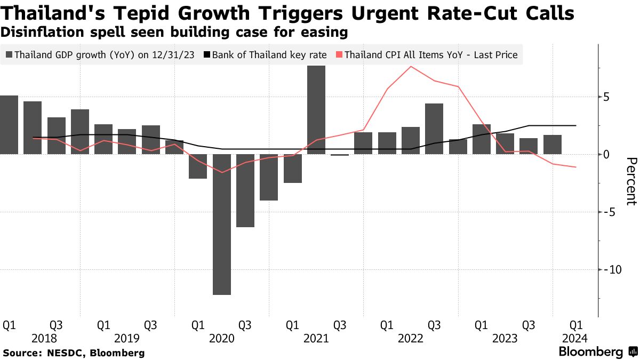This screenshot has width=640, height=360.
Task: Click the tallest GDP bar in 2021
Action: pos(316,110)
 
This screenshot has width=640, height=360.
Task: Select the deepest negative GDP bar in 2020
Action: pos(222,224)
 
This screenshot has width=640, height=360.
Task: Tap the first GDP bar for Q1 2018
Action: pos(9,125)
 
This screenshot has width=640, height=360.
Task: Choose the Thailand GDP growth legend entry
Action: pos(102,54)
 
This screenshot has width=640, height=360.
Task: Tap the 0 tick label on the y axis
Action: pos(606,155)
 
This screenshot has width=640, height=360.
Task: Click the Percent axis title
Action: pos(631,181)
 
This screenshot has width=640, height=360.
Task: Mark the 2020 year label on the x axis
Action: pos(221,339)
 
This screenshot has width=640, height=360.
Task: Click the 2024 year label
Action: pos(576,339)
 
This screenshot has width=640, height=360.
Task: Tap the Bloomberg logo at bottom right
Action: pos(597,352)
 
